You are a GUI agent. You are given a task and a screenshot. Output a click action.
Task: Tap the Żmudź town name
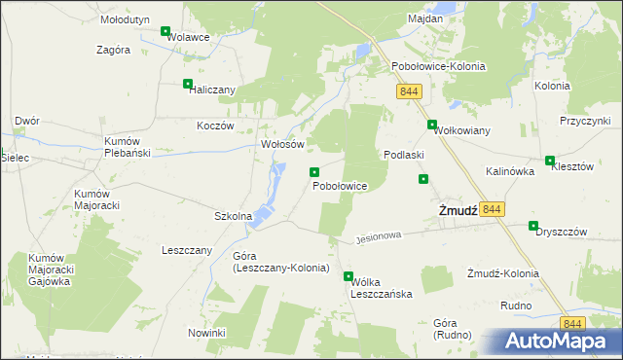point(456,211)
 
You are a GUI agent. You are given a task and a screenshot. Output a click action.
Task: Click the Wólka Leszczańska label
point(382,287)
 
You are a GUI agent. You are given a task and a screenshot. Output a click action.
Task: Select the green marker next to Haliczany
point(188,84)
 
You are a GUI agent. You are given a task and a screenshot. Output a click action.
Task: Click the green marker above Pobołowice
point(314,172)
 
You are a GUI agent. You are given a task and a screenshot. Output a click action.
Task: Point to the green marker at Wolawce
point(165,32)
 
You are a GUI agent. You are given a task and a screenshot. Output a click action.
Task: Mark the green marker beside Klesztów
point(550,161)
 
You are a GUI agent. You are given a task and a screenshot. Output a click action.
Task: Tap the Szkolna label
point(234,216)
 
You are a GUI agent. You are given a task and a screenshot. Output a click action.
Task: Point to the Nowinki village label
point(207,333)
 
